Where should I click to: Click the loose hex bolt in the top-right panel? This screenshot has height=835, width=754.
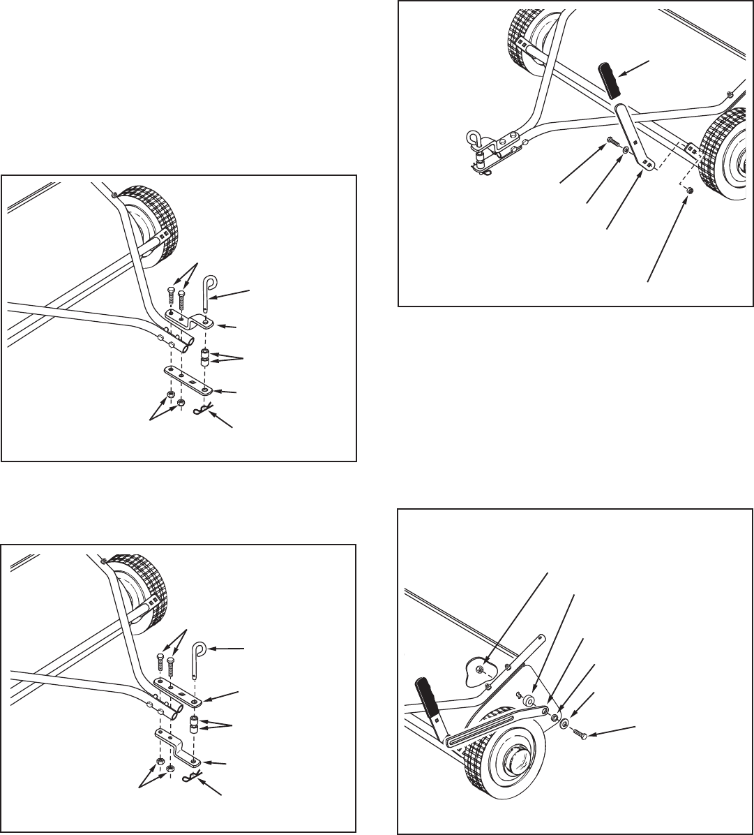pyautogui.click(x=612, y=141)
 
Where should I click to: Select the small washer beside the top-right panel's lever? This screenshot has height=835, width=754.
pyautogui.click(x=626, y=149)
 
